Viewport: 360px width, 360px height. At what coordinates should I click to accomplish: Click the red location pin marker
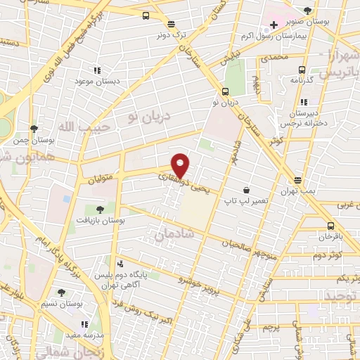181,165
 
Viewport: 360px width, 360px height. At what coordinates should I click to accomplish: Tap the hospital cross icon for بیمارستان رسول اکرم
274,25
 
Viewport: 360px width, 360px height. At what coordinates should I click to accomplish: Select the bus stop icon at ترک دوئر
146,15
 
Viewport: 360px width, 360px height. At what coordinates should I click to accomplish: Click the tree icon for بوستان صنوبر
308,11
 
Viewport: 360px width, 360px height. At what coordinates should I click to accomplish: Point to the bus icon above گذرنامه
302,69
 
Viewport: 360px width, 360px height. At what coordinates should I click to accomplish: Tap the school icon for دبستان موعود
97,70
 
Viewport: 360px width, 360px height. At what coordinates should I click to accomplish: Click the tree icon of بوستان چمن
34,128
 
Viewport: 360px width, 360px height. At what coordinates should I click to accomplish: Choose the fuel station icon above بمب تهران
298,180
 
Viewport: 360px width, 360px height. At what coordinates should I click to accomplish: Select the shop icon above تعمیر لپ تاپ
246,190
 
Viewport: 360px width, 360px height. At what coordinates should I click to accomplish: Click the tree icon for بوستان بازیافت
99,209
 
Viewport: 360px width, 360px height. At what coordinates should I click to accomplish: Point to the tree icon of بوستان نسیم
61,292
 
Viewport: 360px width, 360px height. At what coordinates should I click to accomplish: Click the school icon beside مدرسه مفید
84,324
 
